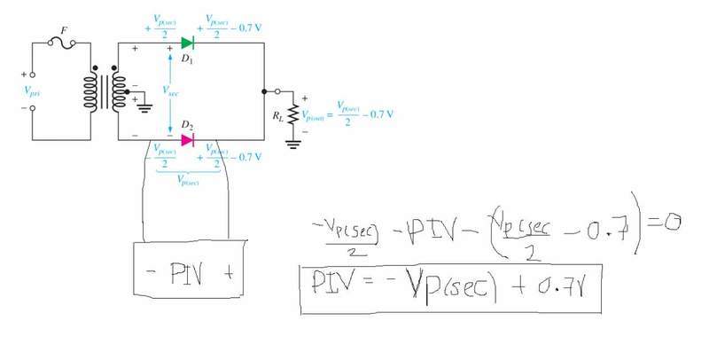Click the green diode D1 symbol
click(187, 42)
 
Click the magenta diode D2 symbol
click(187, 139)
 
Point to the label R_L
click(277, 113)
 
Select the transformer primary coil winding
click(89, 90)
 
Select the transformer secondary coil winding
click(113, 90)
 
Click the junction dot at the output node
click(264, 90)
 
